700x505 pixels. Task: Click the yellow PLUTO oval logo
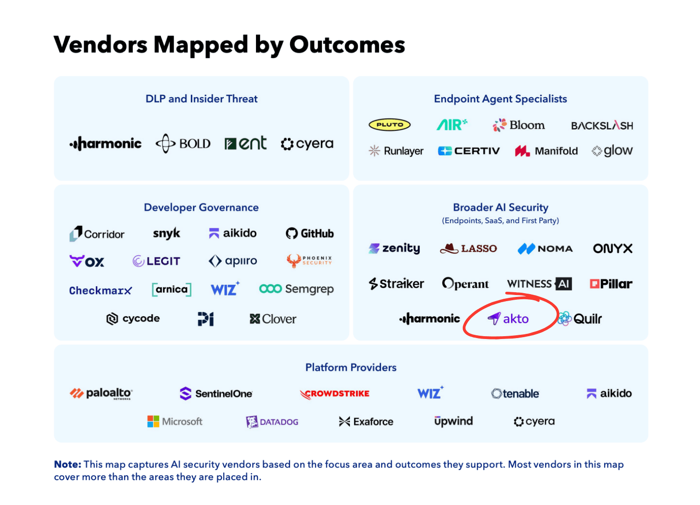click(x=389, y=125)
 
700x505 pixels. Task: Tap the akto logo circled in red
click(x=508, y=318)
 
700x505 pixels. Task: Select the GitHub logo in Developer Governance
click(x=310, y=233)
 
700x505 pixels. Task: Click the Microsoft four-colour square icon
click(x=153, y=421)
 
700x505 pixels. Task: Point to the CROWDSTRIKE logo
click(x=335, y=394)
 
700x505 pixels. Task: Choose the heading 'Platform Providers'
click(x=350, y=367)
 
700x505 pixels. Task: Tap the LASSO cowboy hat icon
click(x=449, y=249)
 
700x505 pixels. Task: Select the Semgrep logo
click(x=296, y=289)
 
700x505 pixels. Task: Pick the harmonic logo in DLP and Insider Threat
click(x=105, y=144)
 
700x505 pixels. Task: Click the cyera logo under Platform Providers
click(x=534, y=421)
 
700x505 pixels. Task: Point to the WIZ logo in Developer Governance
click(x=225, y=289)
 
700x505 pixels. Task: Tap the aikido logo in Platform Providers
click(x=609, y=394)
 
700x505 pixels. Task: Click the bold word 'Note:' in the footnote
click(x=67, y=464)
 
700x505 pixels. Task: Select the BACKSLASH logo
click(x=602, y=125)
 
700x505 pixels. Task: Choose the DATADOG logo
click(x=272, y=422)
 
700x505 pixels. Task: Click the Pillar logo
click(x=611, y=284)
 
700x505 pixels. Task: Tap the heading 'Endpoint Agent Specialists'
click(x=500, y=99)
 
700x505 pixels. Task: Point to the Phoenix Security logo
click(x=309, y=261)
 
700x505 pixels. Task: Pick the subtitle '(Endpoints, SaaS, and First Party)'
click(x=500, y=221)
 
